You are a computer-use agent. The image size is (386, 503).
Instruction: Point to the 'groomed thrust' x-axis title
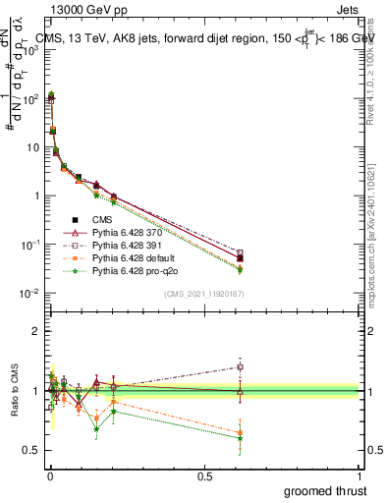[x=325, y=490]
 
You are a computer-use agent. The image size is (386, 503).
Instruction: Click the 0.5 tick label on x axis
[x=205, y=475]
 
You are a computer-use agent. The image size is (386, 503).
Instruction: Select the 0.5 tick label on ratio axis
[x=29, y=450]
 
